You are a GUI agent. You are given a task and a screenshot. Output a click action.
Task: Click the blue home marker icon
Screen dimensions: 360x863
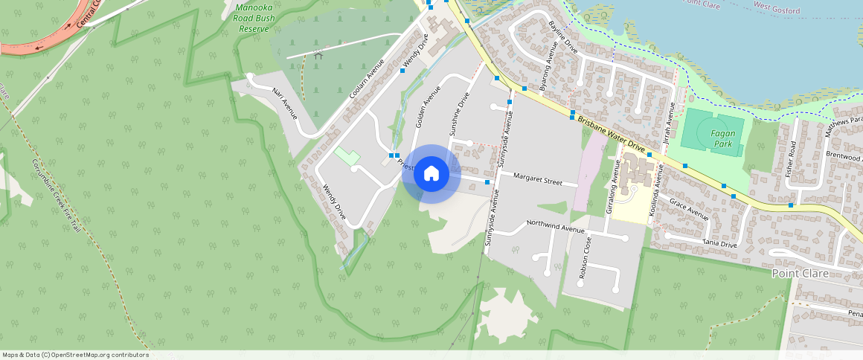point(431,174)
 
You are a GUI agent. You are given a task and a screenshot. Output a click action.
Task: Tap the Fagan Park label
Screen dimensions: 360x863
point(723,138)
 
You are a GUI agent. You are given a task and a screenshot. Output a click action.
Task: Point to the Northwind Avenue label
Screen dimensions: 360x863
point(556,225)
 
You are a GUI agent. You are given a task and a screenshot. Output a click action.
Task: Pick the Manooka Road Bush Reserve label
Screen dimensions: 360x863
point(254,18)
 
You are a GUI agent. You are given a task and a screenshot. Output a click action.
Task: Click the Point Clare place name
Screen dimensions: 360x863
point(800,273)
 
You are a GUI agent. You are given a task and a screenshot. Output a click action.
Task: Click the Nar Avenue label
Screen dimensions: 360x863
point(284,103)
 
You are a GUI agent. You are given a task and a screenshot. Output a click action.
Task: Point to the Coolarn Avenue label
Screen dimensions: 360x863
point(367,80)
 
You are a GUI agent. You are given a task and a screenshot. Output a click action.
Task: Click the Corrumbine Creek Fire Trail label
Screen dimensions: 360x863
point(57,195)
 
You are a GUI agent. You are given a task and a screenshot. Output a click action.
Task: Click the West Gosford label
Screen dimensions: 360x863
point(777,10)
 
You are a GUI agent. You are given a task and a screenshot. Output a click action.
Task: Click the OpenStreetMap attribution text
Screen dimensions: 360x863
point(75,355)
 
